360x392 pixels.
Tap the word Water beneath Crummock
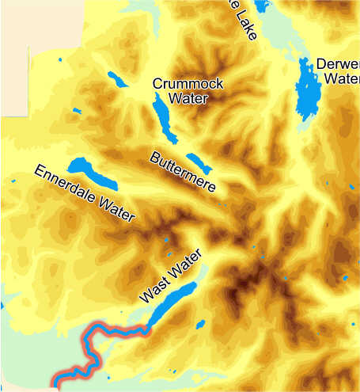click(x=188, y=98)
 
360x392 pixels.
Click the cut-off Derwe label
click(x=337, y=64)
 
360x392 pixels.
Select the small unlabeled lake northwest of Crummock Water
click(x=117, y=79)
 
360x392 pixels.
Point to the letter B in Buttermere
click(x=156, y=156)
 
